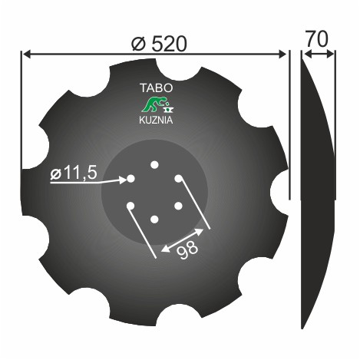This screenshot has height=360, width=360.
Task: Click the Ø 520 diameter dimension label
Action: [x=159, y=44]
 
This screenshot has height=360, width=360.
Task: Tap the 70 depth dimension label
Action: [x=317, y=39]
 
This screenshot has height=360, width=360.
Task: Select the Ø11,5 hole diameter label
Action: [x=74, y=173]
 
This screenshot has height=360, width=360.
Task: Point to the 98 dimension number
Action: [x=187, y=249]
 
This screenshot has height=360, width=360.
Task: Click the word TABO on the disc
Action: [x=157, y=88]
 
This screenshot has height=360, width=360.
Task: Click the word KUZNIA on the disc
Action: [x=156, y=120]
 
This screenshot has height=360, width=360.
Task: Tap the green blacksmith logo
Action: [x=158, y=104]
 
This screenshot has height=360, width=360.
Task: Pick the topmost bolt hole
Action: [x=154, y=165]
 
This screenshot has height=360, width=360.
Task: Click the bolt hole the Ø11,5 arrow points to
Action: [x=130, y=179]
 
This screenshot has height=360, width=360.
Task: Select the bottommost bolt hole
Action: [x=154, y=220]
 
